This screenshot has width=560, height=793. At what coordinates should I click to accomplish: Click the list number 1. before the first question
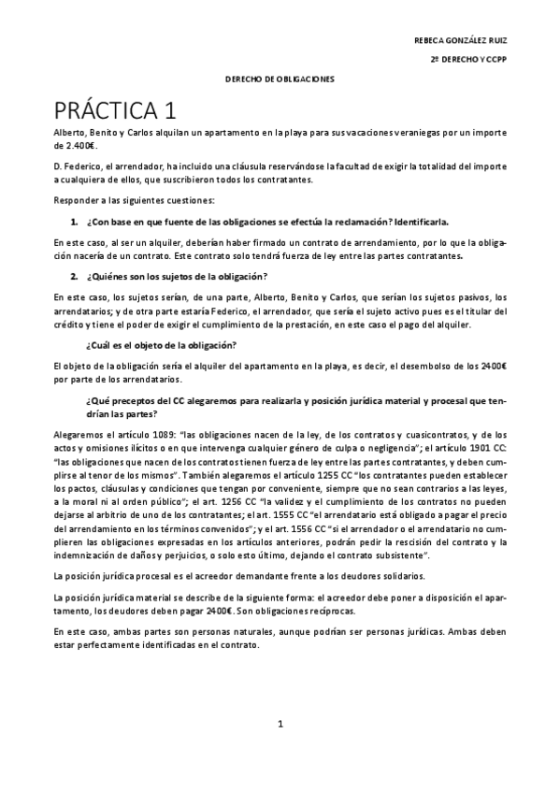click(74, 222)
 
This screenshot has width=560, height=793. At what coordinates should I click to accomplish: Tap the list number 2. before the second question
click(74, 276)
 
